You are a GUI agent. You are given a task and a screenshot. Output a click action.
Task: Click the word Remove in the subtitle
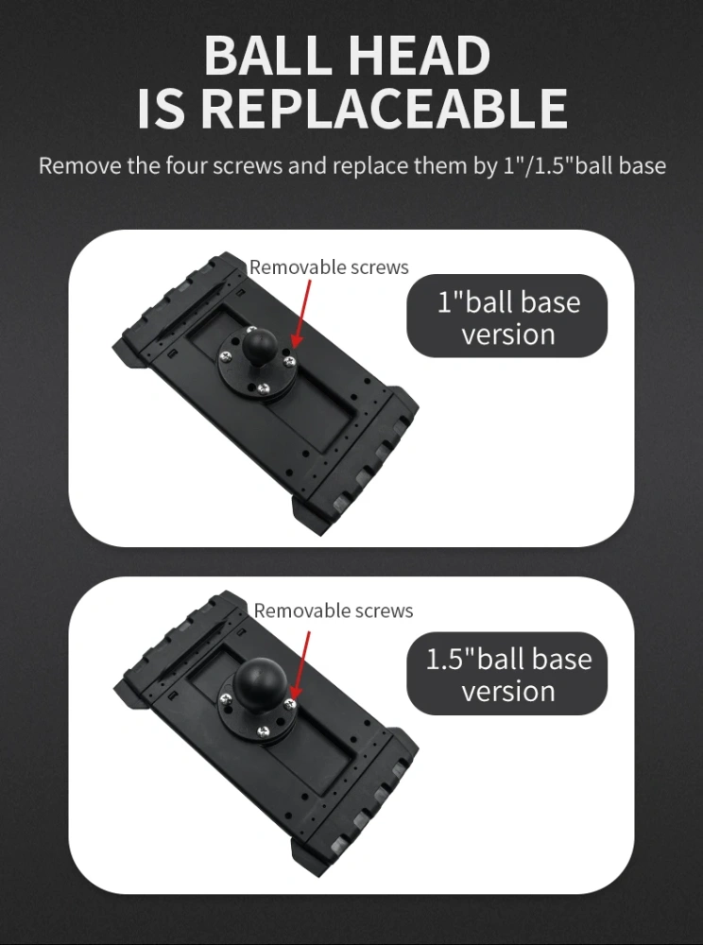coord(79,166)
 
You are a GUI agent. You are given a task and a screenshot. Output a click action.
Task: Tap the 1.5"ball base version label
coord(507,674)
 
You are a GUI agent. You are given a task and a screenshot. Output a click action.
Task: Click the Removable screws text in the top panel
coord(329,267)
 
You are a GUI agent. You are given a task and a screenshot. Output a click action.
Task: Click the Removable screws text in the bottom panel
coord(334,610)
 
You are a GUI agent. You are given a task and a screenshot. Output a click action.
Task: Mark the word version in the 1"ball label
coord(507,334)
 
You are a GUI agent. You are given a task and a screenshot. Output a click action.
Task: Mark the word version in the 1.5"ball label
coord(507,691)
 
